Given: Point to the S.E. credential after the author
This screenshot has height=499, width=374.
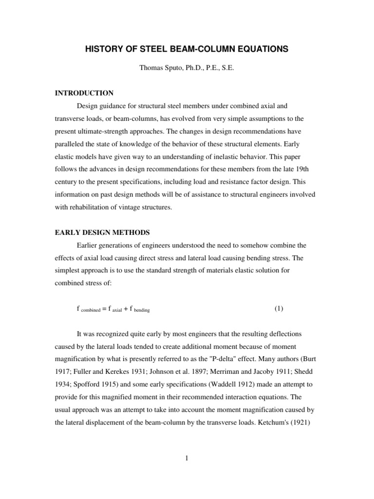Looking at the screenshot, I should pyautogui.click(x=227, y=69).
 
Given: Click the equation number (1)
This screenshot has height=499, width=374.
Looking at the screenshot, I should pyautogui.click(x=279, y=308).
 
